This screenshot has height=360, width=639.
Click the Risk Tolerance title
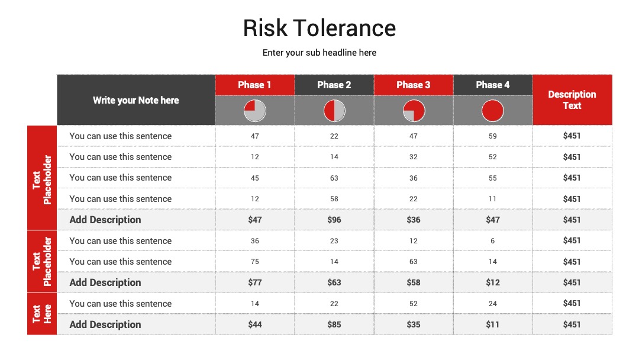[x=319, y=28]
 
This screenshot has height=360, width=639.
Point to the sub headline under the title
[x=319, y=53]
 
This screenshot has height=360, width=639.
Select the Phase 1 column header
[x=254, y=85]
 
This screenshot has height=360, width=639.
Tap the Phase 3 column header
[x=413, y=85]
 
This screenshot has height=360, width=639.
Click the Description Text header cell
[x=572, y=100]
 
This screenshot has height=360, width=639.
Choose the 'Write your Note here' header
[x=135, y=100]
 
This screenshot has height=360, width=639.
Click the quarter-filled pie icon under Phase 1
[x=254, y=111]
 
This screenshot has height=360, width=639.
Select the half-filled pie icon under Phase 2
[x=334, y=111]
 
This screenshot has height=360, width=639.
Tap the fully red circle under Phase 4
[x=493, y=111]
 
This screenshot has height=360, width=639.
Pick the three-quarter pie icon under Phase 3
[x=414, y=111]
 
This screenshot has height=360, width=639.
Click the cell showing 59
[x=493, y=136]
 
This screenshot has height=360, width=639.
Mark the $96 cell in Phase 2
[x=334, y=220]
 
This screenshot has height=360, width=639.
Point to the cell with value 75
[x=254, y=262]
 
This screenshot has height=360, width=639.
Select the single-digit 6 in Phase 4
[x=493, y=241]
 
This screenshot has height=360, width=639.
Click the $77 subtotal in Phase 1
[x=254, y=282]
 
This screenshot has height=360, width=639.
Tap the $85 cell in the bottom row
[x=334, y=324]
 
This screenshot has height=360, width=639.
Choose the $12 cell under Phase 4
[x=493, y=282]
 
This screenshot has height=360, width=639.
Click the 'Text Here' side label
[x=42, y=314]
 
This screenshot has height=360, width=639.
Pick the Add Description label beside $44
[x=105, y=324]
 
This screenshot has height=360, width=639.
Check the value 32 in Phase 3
[x=413, y=157]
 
